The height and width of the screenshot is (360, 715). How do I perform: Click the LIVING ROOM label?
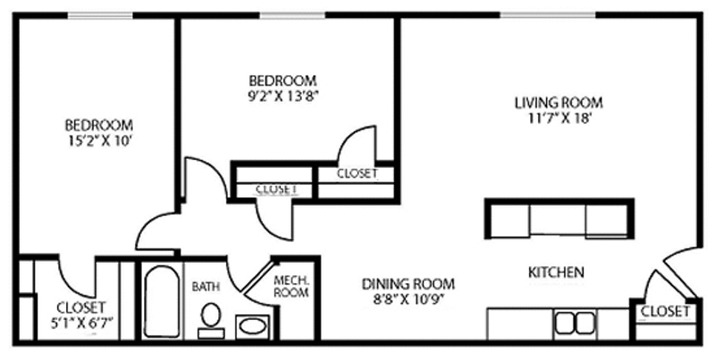click(559, 103)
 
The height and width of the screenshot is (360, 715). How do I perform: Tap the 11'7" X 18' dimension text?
click(560, 119)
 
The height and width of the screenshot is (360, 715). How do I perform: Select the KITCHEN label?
click(556, 272)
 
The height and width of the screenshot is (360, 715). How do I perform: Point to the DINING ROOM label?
click(408, 284)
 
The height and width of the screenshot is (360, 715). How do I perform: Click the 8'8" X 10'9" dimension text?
click(408, 300)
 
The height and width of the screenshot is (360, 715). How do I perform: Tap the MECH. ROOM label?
click(291, 286)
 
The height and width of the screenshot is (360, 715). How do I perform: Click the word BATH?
click(206, 287)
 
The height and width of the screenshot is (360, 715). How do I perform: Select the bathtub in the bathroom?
click(163, 301)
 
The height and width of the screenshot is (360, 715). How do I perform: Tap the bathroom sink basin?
click(253, 326)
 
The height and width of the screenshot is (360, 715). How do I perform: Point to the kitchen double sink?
click(575, 323)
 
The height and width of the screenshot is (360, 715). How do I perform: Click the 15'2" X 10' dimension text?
click(99, 141)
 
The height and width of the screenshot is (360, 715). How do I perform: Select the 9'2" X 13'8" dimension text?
click(282, 96)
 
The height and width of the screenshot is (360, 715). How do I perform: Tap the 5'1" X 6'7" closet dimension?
click(81, 322)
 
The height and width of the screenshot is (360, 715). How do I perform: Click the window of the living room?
click(548, 15)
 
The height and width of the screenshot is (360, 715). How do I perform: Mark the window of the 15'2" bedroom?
click(101, 15)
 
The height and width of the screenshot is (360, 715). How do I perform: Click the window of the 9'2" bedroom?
click(293, 15)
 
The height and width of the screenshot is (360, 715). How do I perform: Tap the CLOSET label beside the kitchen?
click(665, 312)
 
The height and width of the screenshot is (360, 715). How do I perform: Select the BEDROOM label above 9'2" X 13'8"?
click(282, 80)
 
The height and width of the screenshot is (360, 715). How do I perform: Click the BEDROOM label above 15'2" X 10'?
click(99, 125)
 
